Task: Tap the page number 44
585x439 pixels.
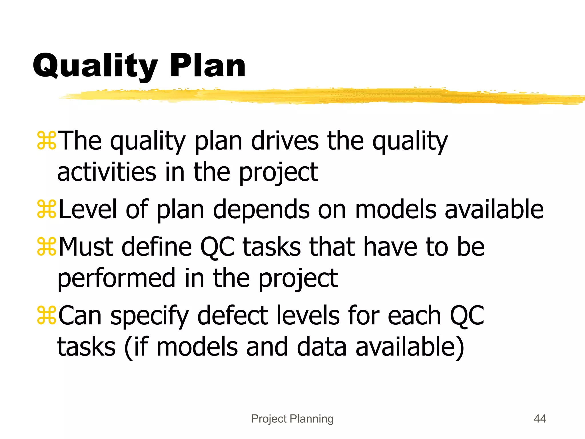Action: pyautogui.click(x=540, y=419)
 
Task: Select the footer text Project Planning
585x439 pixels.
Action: pyautogui.click(x=292, y=419)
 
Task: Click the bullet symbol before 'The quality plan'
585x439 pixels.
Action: pyautogui.click(x=47, y=141)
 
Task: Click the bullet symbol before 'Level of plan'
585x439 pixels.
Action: pyautogui.click(x=47, y=209)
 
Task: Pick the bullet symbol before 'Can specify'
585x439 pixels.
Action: pyautogui.click(x=47, y=316)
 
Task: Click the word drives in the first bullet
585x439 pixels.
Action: pyautogui.click(x=285, y=141)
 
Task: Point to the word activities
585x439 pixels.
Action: pyautogui.click(x=107, y=172)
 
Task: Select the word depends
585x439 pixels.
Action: pyautogui.click(x=261, y=209)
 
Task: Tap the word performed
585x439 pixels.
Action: pyautogui.click(x=116, y=279)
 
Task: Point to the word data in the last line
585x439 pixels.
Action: pyautogui.click(x=322, y=347)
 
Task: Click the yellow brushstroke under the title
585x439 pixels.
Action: pyautogui.click(x=314, y=96)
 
